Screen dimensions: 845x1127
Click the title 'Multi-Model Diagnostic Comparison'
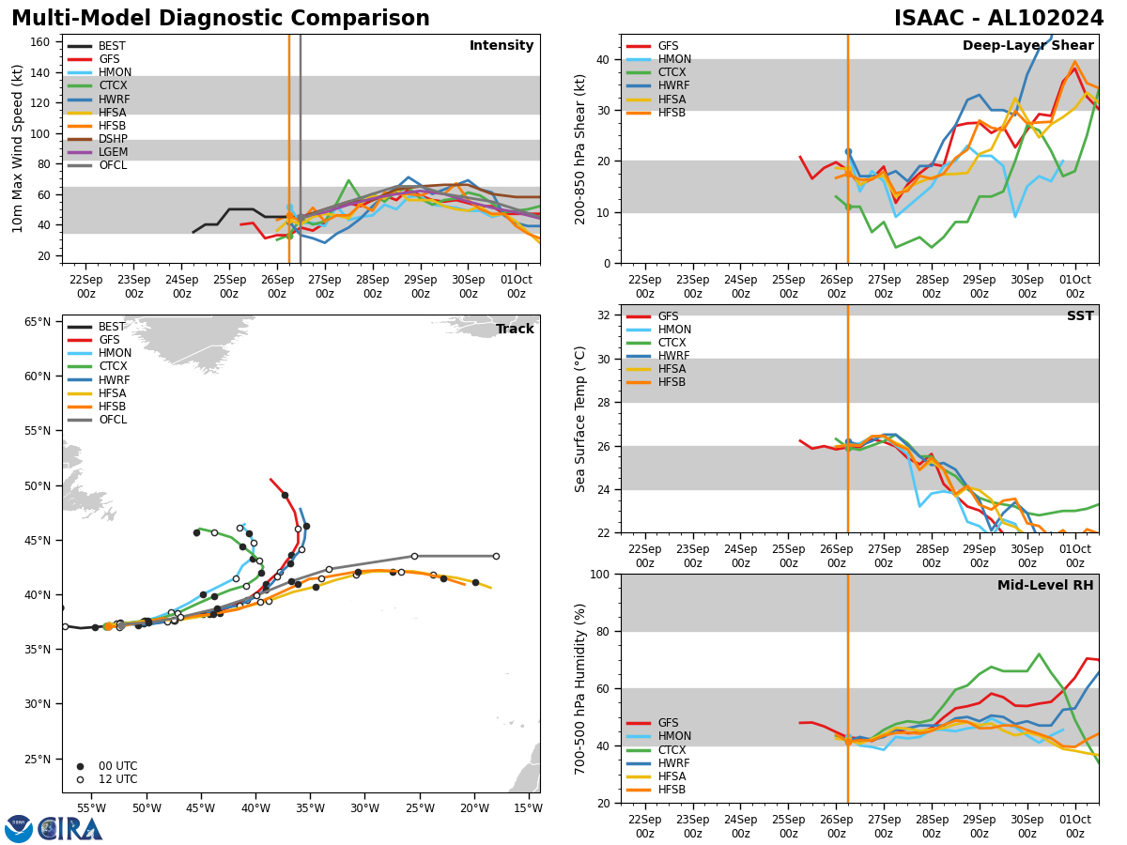pos(221,19)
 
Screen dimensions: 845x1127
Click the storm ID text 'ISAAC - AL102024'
pos(998,19)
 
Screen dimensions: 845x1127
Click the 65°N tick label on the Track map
pos(37,322)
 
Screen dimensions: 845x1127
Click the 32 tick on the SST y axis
pos(604,315)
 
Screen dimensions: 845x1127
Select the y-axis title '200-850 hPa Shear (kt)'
pos(581,148)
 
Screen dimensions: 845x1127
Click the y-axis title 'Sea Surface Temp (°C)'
pos(581,419)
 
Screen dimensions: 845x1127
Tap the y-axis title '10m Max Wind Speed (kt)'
pos(17,148)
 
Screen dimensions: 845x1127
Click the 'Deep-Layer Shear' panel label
pos(1027,46)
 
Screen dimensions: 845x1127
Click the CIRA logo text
pos(69,829)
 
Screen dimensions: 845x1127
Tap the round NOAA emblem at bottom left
pos(19,829)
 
